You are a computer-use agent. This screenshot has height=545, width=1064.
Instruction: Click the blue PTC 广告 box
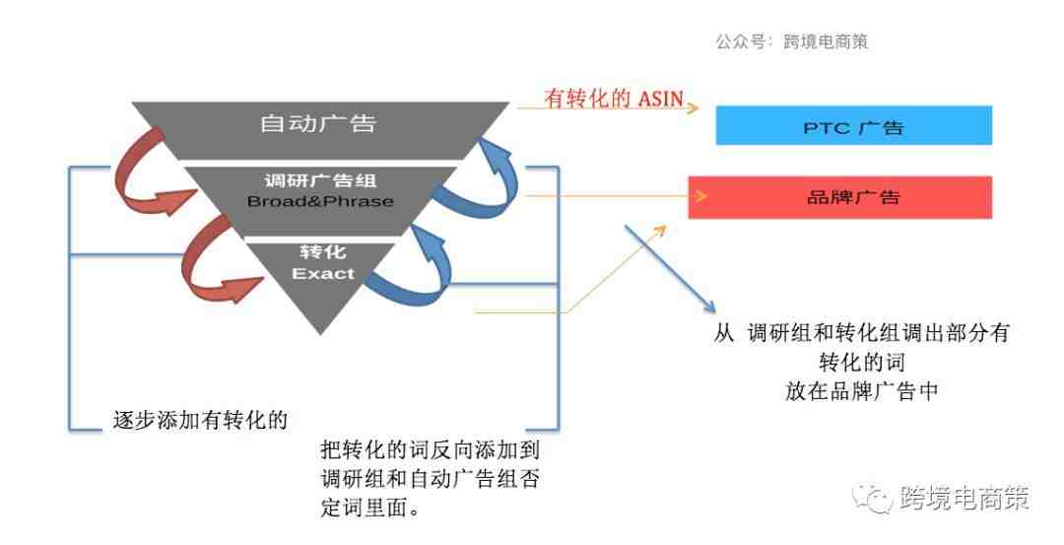(x=853, y=125)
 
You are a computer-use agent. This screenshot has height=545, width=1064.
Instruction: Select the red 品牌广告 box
(x=840, y=197)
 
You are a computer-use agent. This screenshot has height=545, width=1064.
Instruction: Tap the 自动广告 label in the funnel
(x=317, y=123)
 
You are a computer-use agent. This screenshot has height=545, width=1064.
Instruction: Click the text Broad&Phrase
(x=320, y=202)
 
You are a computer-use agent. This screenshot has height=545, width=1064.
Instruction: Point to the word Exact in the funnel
(x=323, y=274)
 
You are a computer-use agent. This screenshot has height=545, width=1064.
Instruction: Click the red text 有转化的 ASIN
(x=614, y=99)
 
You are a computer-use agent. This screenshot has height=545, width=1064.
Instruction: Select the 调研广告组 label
(x=320, y=180)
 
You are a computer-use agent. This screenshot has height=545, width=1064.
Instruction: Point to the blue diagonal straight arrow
(x=670, y=269)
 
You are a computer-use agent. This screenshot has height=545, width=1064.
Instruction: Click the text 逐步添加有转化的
(x=200, y=420)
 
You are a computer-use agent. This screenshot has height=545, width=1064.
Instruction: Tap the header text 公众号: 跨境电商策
(x=791, y=41)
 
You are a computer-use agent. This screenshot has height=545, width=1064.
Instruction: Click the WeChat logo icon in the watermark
(x=873, y=499)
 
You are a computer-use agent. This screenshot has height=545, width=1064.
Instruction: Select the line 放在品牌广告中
(x=862, y=391)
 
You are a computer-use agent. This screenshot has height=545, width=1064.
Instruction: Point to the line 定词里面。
(x=370, y=507)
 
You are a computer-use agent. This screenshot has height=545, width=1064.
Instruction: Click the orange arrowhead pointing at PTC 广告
(x=693, y=107)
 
